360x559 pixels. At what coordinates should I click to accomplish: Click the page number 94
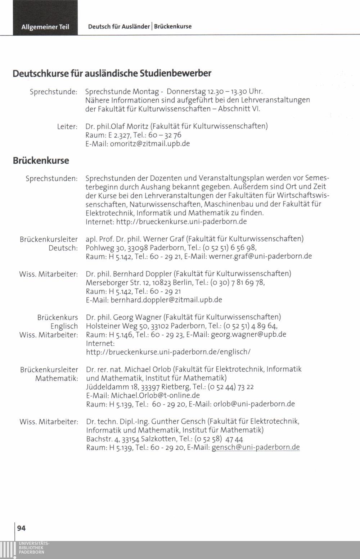[21, 528]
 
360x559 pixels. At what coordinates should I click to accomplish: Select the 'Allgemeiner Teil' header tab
[45, 27]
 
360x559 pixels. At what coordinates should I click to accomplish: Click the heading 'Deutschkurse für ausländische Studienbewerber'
[112, 73]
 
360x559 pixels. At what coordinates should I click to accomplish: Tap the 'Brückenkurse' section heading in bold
[41, 160]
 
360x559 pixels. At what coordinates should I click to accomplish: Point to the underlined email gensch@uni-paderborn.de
[256, 447]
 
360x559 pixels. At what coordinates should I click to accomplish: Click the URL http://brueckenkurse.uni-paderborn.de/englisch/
[168, 352]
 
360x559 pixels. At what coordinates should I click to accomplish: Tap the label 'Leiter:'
[67, 127]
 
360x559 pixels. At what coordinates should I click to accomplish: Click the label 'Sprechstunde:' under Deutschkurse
[53, 92]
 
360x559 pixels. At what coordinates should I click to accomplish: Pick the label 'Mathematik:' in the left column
[57, 378]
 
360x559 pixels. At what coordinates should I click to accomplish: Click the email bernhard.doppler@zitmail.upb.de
[166, 300]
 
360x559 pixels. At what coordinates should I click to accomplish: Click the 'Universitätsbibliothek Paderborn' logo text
[34, 547]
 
